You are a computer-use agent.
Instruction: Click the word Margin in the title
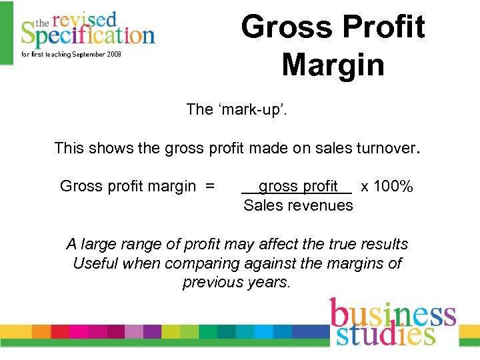click(333, 65)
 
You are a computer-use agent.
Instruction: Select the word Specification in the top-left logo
click(87, 34)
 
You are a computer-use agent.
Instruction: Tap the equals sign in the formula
click(210, 187)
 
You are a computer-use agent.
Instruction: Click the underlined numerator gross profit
click(298, 187)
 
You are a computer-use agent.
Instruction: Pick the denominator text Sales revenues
click(298, 205)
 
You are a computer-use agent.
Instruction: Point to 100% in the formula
click(393, 187)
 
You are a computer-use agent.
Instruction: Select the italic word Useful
click(95, 263)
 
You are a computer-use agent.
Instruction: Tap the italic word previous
click(211, 282)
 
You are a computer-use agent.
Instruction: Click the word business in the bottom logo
click(393, 314)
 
